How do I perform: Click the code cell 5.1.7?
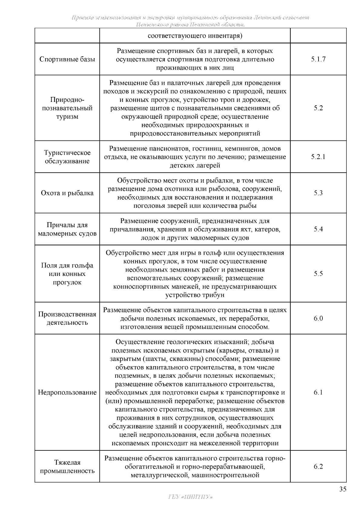point(318,59)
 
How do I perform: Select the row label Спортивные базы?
point(67,59)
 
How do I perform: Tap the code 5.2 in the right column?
point(318,108)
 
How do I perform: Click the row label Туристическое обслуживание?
point(67,157)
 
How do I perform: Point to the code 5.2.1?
point(318,157)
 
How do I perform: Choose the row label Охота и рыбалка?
point(67,193)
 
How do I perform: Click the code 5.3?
point(318,193)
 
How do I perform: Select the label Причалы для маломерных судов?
point(67,229)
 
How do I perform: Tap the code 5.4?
point(318,229)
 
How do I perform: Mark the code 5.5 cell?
point(318,274)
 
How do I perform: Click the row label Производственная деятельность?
point(67,318)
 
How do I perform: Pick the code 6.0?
point(318,318)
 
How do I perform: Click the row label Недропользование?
point(67,393)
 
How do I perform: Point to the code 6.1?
point(318,393)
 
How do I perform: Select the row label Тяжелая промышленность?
point(67,467)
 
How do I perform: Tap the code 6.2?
point(318,467)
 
